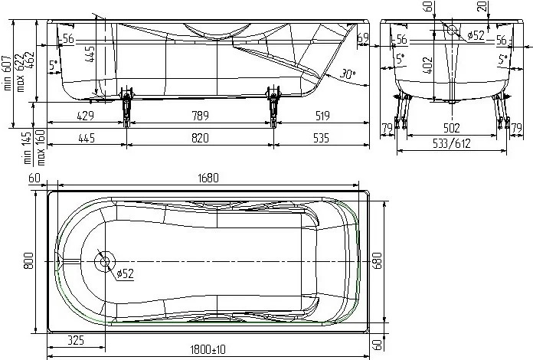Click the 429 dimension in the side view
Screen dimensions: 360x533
pyautogui.click(x=84, y=116)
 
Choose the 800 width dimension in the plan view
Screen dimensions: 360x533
pyautogui.click(x=28, y=262)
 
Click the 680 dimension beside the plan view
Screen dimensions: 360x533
pyautogui.click(x=375, y=262)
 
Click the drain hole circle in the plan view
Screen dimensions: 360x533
pyautogui.click(x=103, y=262)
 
